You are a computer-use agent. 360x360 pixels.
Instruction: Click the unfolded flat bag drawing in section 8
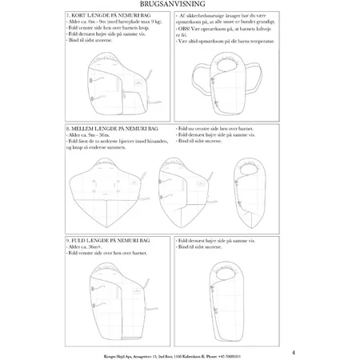pyautogui.click(x=97, y=193)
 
